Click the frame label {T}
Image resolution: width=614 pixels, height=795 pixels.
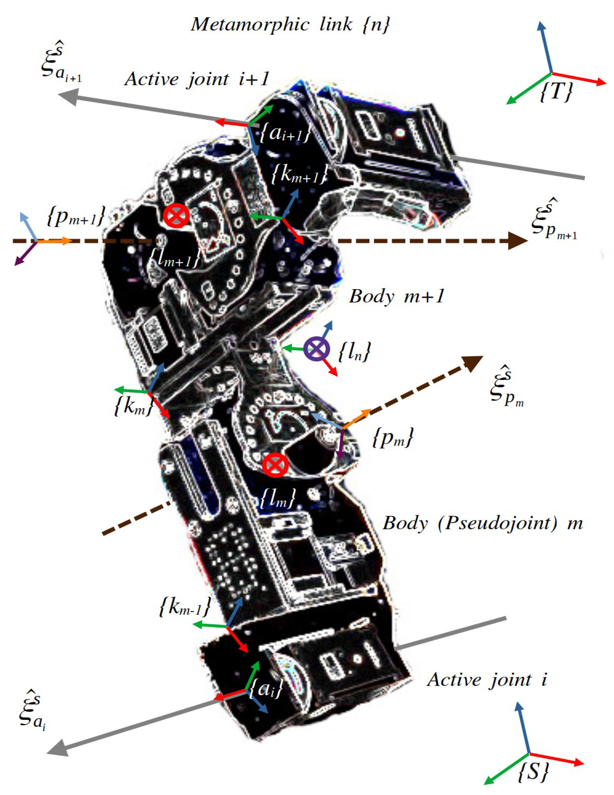click(x=555, y=91)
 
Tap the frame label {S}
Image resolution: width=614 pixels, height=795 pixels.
click(x=533, y=771)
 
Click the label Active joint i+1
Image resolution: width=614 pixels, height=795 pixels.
click(x=197, y=79)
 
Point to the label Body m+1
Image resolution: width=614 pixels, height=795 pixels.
click(x=396, y=297)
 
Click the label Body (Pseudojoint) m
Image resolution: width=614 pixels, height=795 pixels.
click(x=482, y=523)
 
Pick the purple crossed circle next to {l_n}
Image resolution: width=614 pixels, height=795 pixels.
click(x=316, y=349)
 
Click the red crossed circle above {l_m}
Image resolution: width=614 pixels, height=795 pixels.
click(x=275, y=465)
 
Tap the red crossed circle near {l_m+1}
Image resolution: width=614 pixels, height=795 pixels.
click(x=176, y=216)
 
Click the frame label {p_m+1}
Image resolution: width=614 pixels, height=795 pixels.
click(x=76, y=216)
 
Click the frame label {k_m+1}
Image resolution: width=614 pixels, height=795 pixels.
click(x=300, y=174)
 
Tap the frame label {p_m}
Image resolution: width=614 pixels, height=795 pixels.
click(x=393, y=437)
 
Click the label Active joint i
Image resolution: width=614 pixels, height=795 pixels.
click(x=487, y=680)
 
